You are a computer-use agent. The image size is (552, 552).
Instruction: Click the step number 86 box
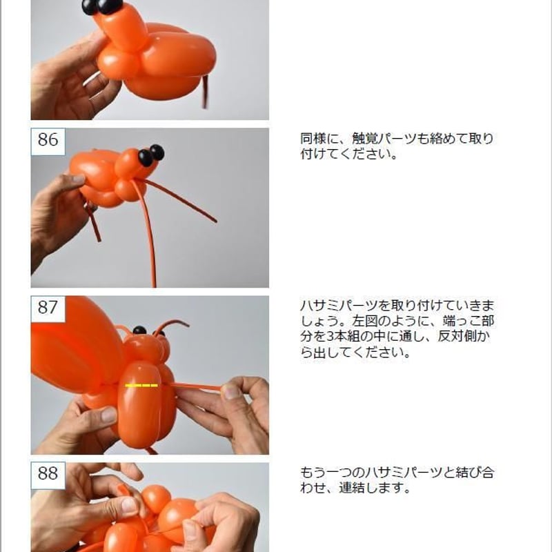(x=48, y=141)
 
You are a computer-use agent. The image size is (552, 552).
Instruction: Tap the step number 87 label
(x=48, y=308)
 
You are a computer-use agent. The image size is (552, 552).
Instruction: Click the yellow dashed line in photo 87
(x=141, y=386)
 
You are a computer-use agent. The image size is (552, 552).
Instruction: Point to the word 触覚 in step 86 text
(x=364, y=139)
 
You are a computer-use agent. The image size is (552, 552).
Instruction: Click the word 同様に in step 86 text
(x=319, y=139)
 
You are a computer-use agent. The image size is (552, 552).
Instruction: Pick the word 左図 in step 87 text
(x=364, y=321)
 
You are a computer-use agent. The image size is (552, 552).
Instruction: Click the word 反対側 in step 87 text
(x=457, y=336)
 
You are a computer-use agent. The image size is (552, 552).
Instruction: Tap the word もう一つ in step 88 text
(x=326, y=472)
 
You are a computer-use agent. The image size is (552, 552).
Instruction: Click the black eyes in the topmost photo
(x=102, y=6)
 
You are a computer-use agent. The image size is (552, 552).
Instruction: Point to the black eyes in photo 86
(x=151, y=155)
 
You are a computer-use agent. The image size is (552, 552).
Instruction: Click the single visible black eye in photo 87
(x=139, y=331)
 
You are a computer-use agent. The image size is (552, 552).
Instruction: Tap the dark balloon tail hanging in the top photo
(x=205, y=92)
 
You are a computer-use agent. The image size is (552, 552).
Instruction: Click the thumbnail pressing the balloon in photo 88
(x=129, y=506)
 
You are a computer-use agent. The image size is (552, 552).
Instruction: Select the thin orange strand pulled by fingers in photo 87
(x=197, y=386)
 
